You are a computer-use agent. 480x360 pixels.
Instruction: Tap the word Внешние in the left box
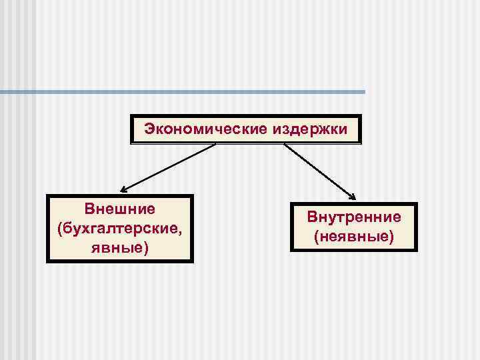120,209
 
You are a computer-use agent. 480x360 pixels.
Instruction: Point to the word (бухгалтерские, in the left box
120,229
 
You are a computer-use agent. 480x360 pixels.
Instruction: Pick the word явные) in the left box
120,248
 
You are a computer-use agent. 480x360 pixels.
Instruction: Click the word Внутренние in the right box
354,217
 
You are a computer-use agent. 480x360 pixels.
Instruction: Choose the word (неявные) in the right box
354,236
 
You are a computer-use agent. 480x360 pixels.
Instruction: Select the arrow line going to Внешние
170,167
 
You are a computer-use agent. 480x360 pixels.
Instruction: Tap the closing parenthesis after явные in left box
146,249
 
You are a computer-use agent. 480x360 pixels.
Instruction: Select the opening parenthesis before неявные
316,237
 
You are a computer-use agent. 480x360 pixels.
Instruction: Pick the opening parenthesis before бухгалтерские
60,229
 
